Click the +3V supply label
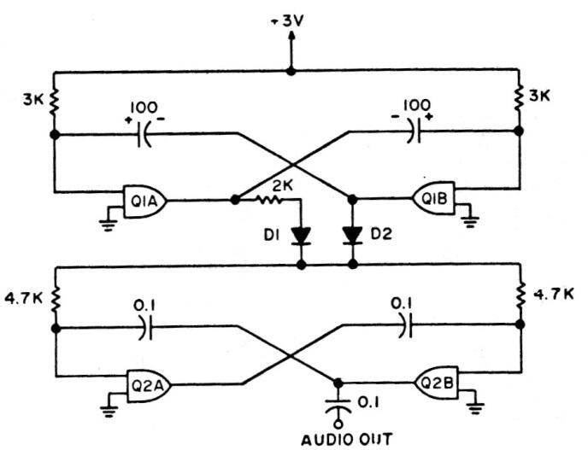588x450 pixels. click(x=287, y=21)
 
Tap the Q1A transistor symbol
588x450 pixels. click(x=145, y=202)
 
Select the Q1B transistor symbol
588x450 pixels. click(x=434, y=197)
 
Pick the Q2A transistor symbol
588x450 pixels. click(x=150, y=386)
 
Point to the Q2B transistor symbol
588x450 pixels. click(x=436, y=383)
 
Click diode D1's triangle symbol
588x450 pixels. click(x=301, y=236)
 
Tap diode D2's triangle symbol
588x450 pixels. click(x=352, y=236)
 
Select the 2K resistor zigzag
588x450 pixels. click(x=269, y=201)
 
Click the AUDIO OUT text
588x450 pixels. click(x=347, y=439)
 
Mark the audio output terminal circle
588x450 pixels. click(x=338, y=424)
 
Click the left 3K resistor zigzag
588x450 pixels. click(x=55, y=101)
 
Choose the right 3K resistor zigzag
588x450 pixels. click(x=519, y=98)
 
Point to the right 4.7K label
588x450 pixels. click(x=554, y=294)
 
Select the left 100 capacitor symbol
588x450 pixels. click(x=144, y=134)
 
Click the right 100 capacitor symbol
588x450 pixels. click(x=415, y=131)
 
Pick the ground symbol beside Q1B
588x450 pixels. click(x=469, y=222)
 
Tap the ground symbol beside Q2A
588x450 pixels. click(x=109, y=411)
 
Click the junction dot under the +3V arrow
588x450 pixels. click(x=291, y=71)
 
